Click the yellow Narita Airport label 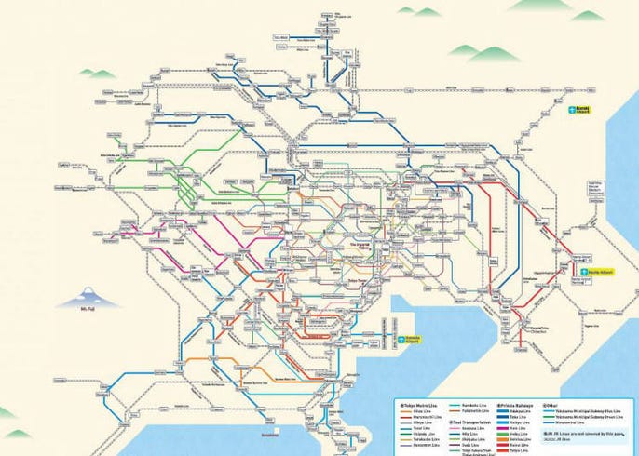coord(586,261)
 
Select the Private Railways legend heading coord(523,407)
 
